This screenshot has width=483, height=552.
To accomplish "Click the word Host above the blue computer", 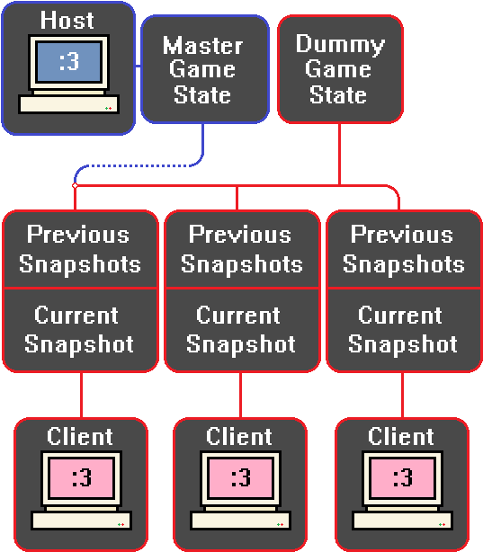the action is [x=67, y=20].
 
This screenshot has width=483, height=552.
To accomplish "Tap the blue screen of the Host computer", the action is [x=68, y=62].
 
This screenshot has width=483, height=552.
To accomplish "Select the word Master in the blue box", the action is [x=203, y=46].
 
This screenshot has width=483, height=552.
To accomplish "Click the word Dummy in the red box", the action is [x=340, y=45].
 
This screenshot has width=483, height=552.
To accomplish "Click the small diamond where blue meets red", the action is [x=75, y=185].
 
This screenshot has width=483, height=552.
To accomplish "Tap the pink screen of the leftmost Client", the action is [x=81, y=477].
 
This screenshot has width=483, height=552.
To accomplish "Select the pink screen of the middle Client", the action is [x=241, y=477].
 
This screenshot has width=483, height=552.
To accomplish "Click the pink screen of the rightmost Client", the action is [x=402, y=477].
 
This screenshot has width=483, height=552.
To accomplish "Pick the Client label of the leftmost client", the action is [x=80, y=437].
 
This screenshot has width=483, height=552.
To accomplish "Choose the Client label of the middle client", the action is [x=239, y=437].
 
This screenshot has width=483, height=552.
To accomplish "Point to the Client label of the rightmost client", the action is [x=401, y=437].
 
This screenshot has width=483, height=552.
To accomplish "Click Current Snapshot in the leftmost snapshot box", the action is [x=79, y=330].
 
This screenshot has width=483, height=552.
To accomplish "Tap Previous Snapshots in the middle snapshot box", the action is [x=242, y=249].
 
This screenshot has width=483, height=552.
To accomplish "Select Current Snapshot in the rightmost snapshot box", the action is [x=403, y=330].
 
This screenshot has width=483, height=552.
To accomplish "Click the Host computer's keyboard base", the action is [x=69, y=104].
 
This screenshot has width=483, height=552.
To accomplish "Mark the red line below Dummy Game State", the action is [x=339, y=155].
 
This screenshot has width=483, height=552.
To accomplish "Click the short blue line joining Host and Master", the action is [x=139, y=66].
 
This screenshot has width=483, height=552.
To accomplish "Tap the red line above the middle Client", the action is [x=241, y=395].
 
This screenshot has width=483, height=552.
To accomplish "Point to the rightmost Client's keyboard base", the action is [x=403, y=521].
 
